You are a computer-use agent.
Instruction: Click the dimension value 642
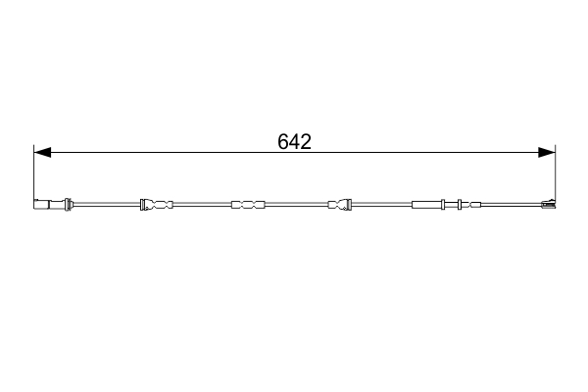294,141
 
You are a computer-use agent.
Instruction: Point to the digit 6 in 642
283,141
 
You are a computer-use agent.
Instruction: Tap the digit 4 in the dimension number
294,141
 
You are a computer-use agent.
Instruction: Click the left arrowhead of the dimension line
41,152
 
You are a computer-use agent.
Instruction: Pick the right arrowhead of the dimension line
548,152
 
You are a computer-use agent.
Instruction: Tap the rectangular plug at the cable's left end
43,205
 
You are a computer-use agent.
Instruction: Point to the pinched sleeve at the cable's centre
247,205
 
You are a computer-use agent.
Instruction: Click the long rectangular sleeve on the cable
428,205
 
